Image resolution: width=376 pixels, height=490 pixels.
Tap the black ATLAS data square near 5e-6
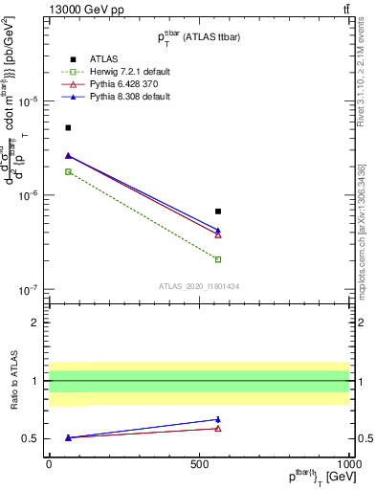(68, 127)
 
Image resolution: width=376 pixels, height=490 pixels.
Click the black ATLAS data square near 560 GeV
(218, 212)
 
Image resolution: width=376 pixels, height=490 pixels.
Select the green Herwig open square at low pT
(68, 171)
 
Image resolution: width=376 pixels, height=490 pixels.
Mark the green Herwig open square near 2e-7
(218, 259)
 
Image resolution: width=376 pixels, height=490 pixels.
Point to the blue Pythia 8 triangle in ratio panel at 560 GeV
(218, 419)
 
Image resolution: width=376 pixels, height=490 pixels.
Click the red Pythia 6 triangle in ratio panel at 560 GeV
(218, 428)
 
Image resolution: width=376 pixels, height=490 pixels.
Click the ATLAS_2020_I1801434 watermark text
(198, 285)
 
